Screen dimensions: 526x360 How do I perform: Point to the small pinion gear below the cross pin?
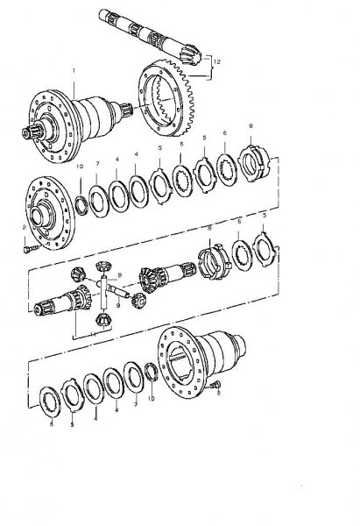tap(101, 325)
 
